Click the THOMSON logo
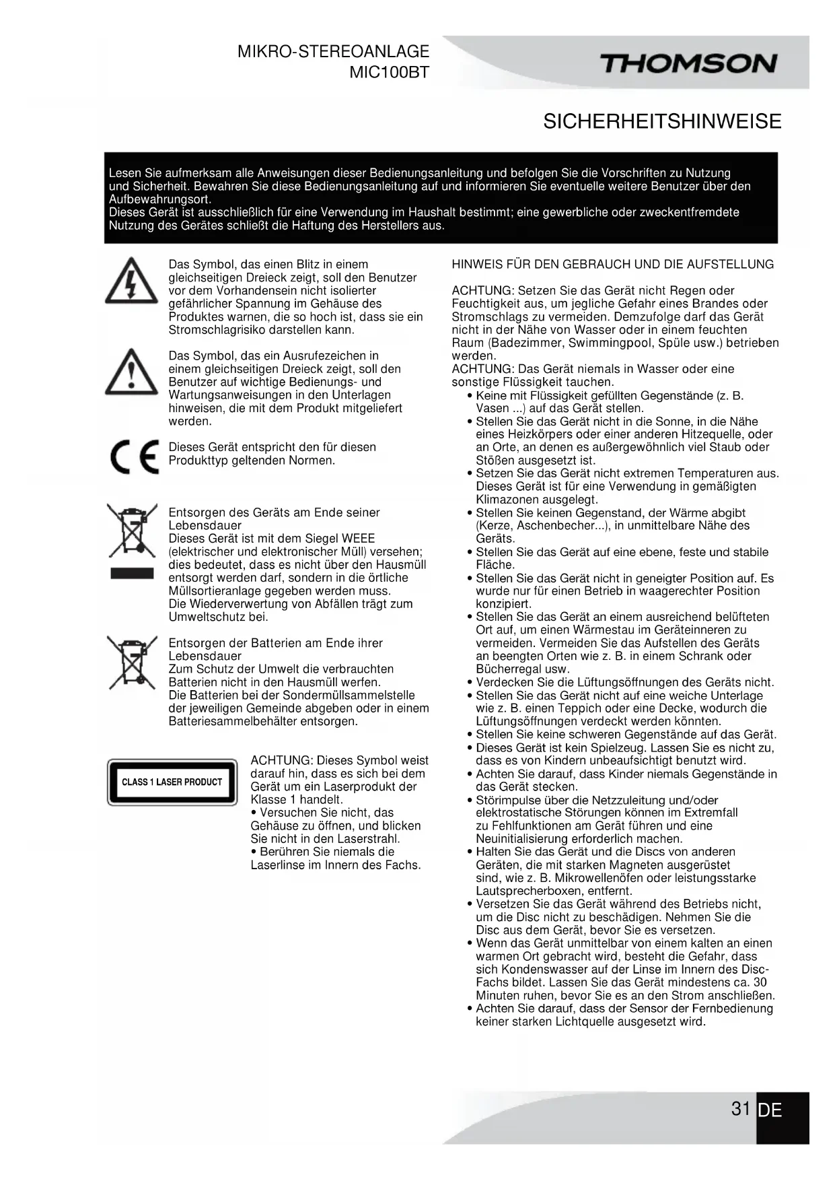coord(688,65)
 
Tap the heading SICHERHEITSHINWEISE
coord(662,122)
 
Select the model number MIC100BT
coord(388,73)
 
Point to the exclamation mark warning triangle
coord(131,372)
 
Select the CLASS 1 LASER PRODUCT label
coord(172,782)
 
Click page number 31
coord(740,1108)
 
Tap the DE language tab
coord(770,1110)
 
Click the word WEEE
coord(359,539)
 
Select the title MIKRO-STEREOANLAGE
coord(333,52)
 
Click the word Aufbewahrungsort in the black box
coord(160,199)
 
